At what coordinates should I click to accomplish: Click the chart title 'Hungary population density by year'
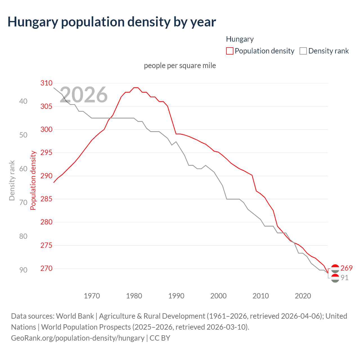pos(112,22)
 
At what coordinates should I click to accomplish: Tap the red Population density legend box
pos(230,51)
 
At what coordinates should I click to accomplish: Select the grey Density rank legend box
pos(303,51)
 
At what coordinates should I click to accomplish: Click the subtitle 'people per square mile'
pos(180,66)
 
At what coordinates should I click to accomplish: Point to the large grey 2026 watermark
pos(84,95)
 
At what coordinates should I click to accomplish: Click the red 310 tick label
pos(46,83)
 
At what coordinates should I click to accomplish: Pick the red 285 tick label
pos(46,199)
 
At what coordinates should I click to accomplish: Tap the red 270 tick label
pos(46,268)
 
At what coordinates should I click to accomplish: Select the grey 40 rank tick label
pos(23,101)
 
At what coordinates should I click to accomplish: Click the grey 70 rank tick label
pos(23,202)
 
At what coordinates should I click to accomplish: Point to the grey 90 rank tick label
pos(23,270)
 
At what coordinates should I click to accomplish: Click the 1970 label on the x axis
pos(92,296)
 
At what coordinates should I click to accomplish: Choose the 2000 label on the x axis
pos(219,296)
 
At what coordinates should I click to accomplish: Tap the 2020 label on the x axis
pos(303,296)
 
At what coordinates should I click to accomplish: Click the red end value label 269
pos(346,268)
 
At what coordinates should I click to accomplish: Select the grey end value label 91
pos(345,278)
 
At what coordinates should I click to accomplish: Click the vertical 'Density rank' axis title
pos(12,180)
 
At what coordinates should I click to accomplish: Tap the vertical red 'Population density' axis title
pos(33,180)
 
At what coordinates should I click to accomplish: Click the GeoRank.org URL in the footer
pos(78,338)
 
